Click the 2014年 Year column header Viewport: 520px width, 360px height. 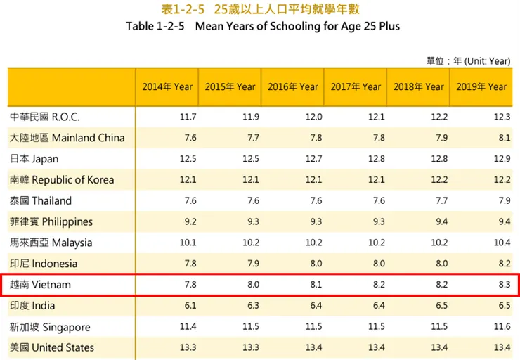coord(167,86)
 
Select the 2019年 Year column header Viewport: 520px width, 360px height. coord(481,86)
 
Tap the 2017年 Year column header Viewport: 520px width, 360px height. coord(356,86)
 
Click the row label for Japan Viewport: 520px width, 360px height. coord(34,159)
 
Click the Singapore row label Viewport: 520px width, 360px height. coord(50,327)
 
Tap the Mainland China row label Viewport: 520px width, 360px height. coord(67,138)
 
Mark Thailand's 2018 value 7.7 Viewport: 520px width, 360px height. coord(441,200)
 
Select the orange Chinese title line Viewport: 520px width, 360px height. coord(261,9)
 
